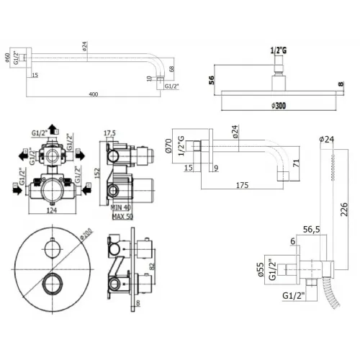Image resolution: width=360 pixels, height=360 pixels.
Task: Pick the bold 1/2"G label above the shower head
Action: (277, 51)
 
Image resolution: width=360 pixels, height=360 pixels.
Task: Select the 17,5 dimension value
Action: (109, 132)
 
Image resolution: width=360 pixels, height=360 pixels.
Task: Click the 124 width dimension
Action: (53, 210)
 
